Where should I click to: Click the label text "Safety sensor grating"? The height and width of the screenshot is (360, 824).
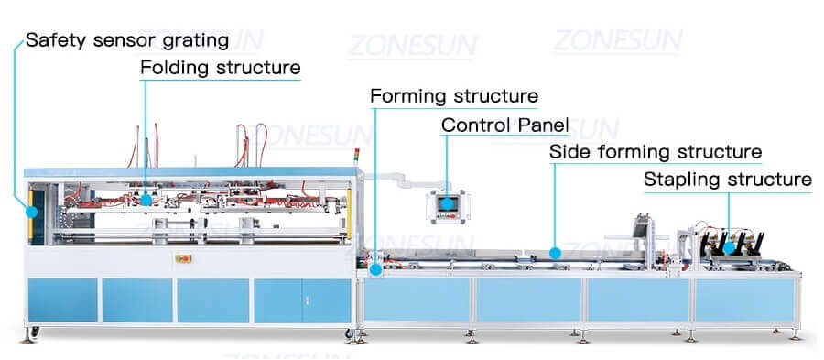coord(127,40)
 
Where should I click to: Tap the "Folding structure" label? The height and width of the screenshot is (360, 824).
coord(220,68)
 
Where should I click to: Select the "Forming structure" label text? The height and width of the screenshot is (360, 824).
coord(453,96)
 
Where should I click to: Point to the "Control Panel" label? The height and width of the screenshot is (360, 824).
coord(504,125)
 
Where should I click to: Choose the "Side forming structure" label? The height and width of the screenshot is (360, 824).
coord(655,151)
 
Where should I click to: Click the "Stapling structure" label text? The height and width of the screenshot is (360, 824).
coord(727,179)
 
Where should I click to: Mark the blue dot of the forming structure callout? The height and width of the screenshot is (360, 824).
coord(376,268)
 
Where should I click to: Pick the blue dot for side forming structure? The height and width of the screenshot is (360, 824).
coord(555,250)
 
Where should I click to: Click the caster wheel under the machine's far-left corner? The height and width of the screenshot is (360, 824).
coord(35,330)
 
